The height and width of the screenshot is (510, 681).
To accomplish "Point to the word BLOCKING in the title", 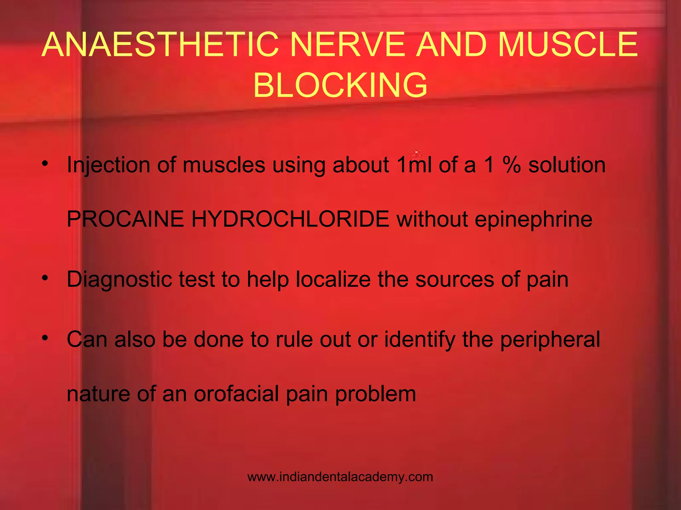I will tap(340, 85).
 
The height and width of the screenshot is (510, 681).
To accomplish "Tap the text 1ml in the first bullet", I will tap(414, 165).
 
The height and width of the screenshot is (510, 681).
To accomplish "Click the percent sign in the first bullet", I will tap(511, 165).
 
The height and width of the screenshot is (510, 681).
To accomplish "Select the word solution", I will tap(567, 165).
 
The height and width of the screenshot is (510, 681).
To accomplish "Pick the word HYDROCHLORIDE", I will tap(290, 219).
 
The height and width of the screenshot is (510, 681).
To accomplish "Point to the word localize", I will tap(333, 280).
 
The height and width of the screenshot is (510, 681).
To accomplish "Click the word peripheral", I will tap(550, 340).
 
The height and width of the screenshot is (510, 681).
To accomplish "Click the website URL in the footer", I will tap(340, 477).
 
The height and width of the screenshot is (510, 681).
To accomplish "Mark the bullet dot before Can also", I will tap(46, 338).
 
